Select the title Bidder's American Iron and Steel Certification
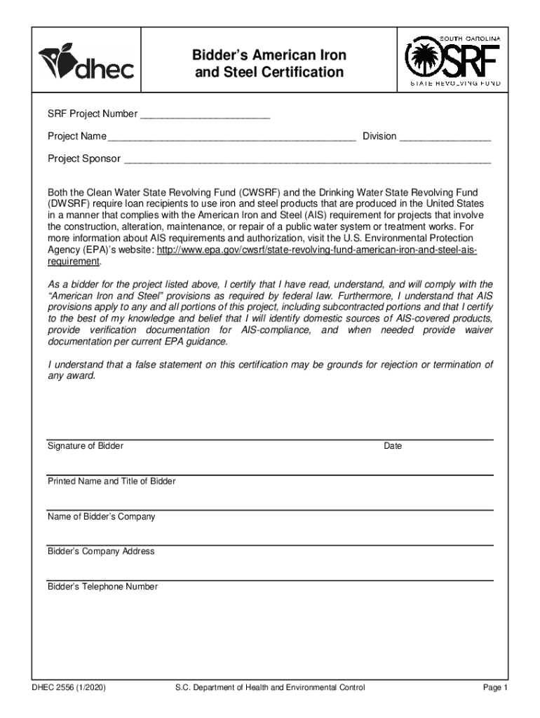[x=270, y=64]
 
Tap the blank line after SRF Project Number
[x=205, y=114]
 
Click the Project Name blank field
[x=232, y=137]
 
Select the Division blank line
[x=445, y=137]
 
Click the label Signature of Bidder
[x=86, y=446]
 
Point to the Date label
[x=393, y=447]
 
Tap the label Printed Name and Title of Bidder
[x=112, y=482]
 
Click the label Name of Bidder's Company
[x=102, y=517]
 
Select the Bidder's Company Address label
[x=101, y=552]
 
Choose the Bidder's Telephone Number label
[x=103, y=587]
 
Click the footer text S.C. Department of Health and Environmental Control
[x=270, y=688]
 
